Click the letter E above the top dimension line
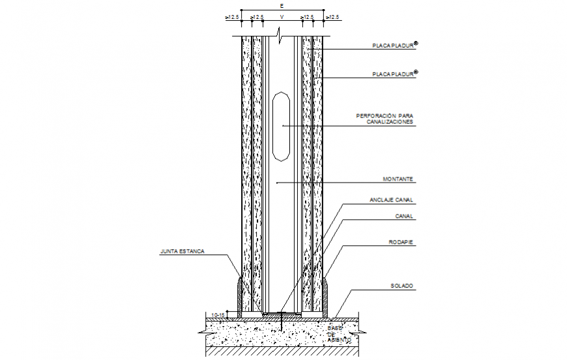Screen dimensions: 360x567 (x=282, y=5)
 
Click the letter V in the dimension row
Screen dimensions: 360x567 (x=282, y=17)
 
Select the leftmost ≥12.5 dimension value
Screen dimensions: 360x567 (x=232, y=17)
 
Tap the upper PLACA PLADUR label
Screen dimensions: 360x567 (x=394, y=46)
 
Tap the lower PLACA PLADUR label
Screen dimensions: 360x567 (x=394, y=75)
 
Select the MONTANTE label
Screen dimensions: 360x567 (x=399, y=179)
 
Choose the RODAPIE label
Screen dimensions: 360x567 (x=402, y=243)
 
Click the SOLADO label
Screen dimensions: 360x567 (x=402, y=286)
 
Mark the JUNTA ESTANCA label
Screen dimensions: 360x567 (x=182, y=250)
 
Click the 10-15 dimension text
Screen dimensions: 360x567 (x=217, y=315)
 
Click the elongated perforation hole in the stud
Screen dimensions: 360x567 (x=282, y=125)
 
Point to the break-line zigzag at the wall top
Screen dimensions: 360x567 (x=279, y=32)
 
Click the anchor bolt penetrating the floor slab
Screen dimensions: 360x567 (x=281, y=322)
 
